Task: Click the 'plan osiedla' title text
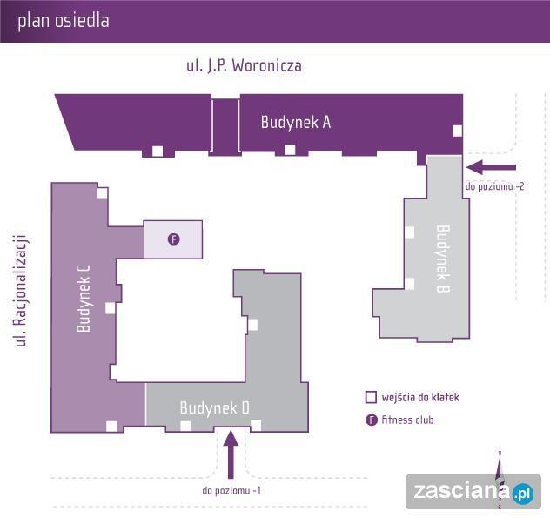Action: tap(64, 21)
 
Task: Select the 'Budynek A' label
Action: tap(296, 123)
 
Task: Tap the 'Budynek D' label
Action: tap(215, 407)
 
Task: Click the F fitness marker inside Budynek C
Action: tap(173, 239)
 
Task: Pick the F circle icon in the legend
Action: tap(372, 420)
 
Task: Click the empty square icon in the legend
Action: tap(372, 398)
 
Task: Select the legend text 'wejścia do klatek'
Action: tap(419, 398)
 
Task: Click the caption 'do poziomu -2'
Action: tap(494, 186)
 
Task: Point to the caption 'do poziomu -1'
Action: tap(231, 490)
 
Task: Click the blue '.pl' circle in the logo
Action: tap(522, 493)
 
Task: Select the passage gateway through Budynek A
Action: tap(225, 125)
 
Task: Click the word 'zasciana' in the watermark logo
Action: tap(461, 493)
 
